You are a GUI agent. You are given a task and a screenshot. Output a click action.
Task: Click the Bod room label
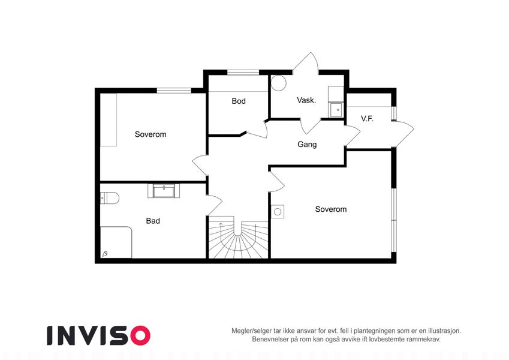point(239,101)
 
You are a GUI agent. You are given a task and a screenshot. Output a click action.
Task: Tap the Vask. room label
point(306,100)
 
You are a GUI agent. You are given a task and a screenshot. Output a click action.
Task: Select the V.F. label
point(367,119)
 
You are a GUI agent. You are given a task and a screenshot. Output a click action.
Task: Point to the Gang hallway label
point(307,144)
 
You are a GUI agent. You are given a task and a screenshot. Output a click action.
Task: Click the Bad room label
point(153,221)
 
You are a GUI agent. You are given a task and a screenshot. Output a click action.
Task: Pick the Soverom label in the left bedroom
point(150,134)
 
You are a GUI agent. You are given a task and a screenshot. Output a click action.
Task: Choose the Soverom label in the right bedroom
point(331,209)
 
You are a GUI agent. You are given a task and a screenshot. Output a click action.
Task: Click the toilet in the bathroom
point(109,198)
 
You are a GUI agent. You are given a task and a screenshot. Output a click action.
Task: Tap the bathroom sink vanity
point(164,191)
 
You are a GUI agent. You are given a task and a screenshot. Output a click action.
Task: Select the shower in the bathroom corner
point(116,242)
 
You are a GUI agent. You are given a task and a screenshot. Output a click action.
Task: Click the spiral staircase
point(238,237)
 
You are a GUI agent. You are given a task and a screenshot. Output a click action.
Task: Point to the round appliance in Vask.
point(279,83)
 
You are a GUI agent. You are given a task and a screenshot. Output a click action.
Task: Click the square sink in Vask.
point(337,110)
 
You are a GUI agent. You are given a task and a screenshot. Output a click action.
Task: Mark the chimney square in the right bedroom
point(278,212)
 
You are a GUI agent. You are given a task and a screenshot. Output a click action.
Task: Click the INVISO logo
point(99,335)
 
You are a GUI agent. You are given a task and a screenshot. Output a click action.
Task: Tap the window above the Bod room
point(243,73)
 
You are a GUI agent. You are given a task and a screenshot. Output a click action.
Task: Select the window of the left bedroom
point(174,91)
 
